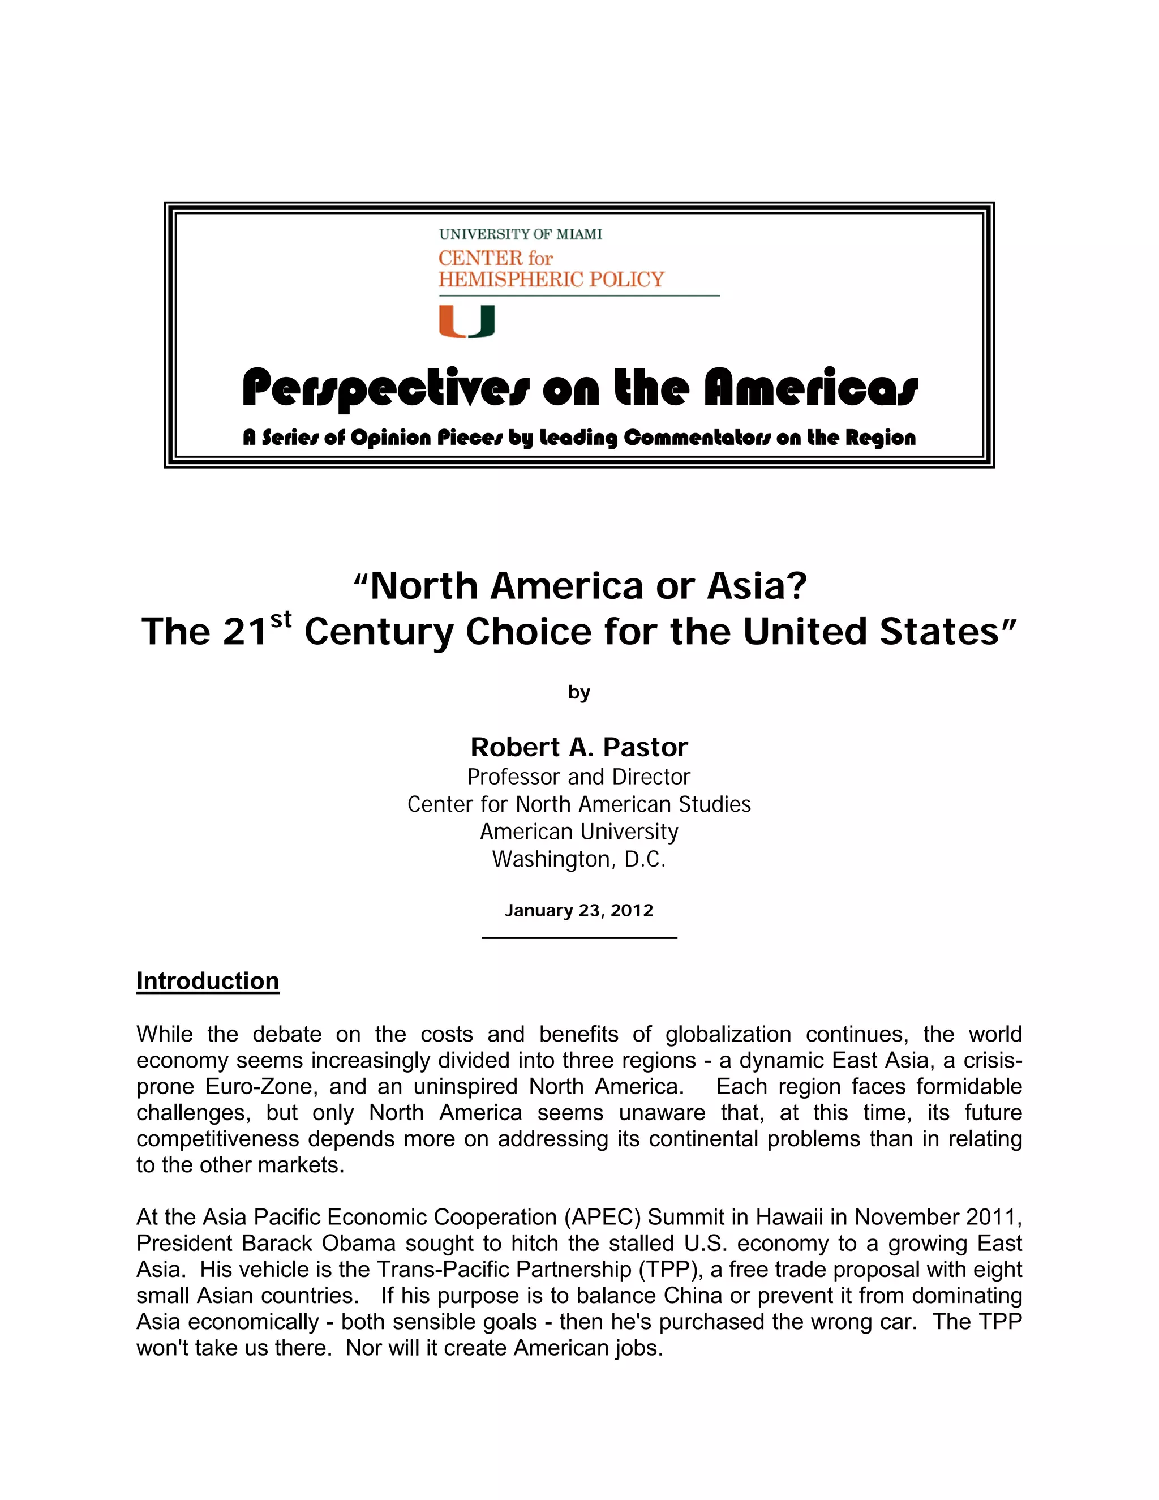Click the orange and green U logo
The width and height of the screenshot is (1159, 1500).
[x=467, y=322]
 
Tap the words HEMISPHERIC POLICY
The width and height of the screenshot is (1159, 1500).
[x=551, y=280]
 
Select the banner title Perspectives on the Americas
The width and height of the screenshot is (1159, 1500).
[x=579, y=388]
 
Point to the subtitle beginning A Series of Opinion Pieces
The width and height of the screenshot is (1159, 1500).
[x=579, y=438]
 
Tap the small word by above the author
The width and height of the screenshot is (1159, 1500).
[x=579, y=692]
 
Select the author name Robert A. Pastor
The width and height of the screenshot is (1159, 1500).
[x=579, y=747]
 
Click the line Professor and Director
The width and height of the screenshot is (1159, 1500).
[x=579, y=777]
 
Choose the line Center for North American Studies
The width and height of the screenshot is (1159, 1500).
[x=579, y=804]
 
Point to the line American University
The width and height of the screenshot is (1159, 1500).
[x=579, y=832]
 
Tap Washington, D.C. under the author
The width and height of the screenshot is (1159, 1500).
[x=579, y=859]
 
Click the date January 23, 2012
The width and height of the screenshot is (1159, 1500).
[x=579, y=911]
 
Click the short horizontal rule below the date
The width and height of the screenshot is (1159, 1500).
[x=579, y=937]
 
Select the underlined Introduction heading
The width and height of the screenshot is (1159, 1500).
[x=207, y=981]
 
